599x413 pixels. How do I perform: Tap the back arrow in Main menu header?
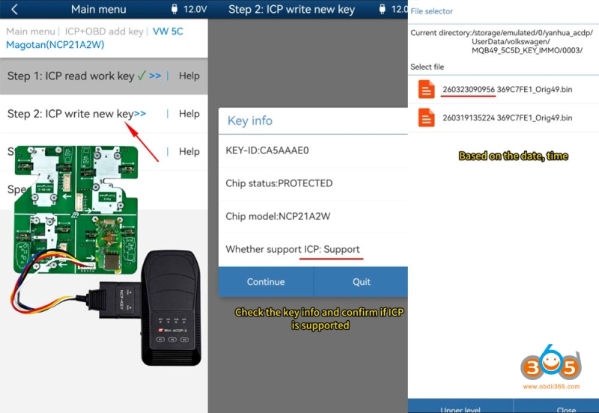click(13, 10)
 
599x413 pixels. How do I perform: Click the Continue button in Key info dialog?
click(266, 282)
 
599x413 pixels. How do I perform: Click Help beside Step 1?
click(189, 76)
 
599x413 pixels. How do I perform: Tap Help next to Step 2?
click(189, 114)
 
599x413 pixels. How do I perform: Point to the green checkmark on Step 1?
click(142, 75)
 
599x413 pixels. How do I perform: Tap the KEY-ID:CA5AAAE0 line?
click(267, 150)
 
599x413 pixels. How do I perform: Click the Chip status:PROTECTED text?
click(279, 183)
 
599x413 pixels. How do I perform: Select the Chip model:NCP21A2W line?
click(279, 216)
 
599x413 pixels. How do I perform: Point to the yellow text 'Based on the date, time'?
click(513, 156)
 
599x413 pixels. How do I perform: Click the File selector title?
click(431, 11)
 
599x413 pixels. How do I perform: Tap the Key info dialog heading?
click(250, 120)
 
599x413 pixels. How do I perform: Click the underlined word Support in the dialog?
click(341, 249)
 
